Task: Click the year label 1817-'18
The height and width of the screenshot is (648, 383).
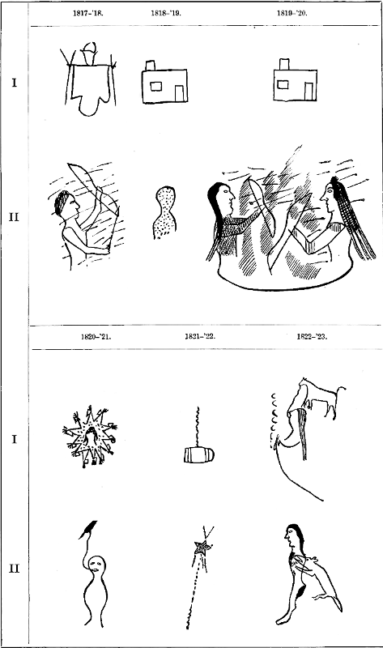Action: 88,13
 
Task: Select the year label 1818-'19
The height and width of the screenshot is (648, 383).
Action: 166,13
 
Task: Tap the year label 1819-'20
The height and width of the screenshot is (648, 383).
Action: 292,13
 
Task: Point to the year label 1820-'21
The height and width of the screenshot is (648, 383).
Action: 96,336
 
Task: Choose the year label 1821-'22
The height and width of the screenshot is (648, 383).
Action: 200,336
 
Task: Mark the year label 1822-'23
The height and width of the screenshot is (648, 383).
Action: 312,336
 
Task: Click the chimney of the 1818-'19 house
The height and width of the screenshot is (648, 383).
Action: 150,66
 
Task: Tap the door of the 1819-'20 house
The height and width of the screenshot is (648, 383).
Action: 309,92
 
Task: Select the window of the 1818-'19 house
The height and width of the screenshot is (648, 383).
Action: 155,86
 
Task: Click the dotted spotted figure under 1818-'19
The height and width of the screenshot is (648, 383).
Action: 164,212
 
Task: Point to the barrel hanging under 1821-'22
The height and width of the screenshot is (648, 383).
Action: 198,455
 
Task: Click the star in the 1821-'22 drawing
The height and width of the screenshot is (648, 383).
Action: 203,548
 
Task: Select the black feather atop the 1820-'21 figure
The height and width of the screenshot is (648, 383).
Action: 88,529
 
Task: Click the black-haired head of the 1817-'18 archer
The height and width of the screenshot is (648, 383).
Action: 66,203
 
